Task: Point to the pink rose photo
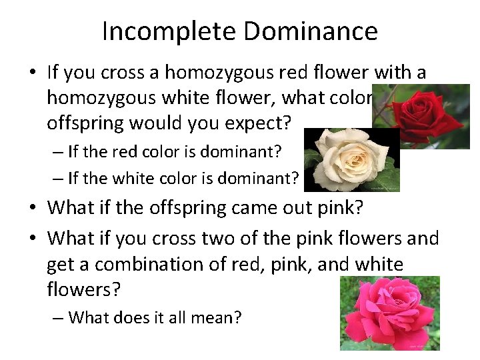tap(389, 313)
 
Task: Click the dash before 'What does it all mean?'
tap(58, 317)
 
